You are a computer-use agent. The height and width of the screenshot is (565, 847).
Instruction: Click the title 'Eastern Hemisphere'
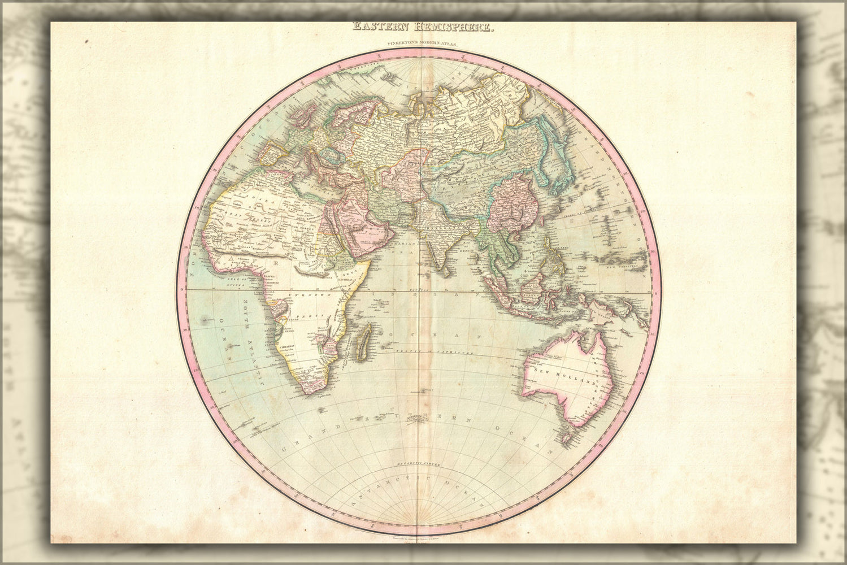point(423,27)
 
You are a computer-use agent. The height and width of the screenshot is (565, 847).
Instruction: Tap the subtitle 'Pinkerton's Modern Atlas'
point(423,44)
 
